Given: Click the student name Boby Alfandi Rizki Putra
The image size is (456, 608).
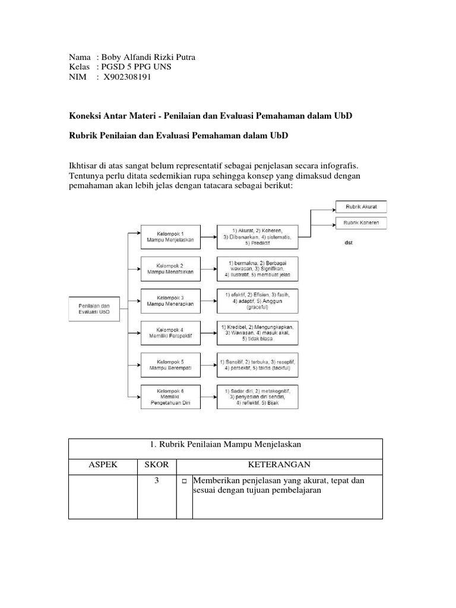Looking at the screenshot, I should (x=149, y=57).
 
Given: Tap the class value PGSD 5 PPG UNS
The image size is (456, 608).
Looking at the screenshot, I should (x=137, y=67).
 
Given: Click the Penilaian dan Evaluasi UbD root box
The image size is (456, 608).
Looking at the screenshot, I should (x=94, y=309).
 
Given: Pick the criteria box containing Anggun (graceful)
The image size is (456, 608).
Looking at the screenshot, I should (x=257, y=301).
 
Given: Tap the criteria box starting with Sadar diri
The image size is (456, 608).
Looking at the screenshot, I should (x=257, y=396).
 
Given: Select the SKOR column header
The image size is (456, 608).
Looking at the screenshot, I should (x=156, y=465).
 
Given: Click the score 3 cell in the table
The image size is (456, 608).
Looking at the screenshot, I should (x=156, y=481).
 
